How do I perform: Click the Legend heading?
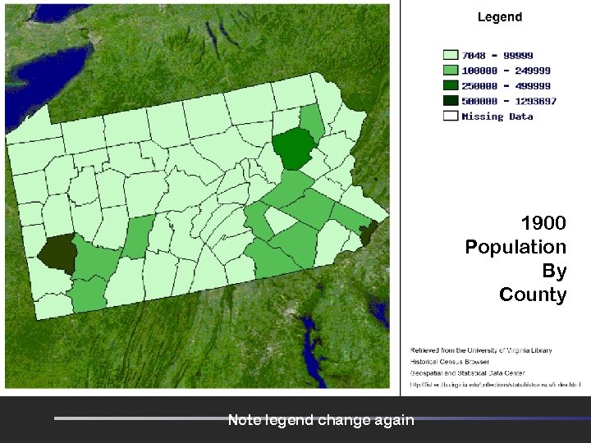click(x=499, y=16)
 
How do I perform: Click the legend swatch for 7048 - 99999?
click(x=450, y=56)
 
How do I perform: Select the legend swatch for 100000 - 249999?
click(x=450, y=71)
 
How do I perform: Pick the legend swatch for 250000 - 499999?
click(x=450, y=85)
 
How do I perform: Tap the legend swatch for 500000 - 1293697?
click(x=450, y=101)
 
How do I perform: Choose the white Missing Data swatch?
click(x=450, y=116)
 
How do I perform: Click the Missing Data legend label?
click(x=497, y=116)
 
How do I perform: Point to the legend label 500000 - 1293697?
click(x=509, y=101)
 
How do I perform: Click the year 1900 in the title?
click(x=543, y=222)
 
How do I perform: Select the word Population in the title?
click(x=515, y=247)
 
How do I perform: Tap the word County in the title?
click(x=533, y=295)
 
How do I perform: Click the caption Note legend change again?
click(x=321, y=420)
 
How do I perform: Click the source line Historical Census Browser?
click(x=450, y=361)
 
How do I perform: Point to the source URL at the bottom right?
click(x=496, y=383)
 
